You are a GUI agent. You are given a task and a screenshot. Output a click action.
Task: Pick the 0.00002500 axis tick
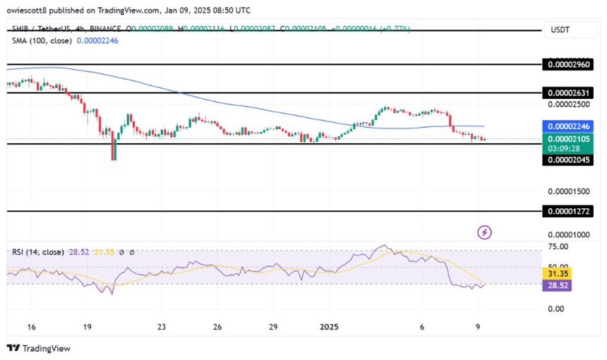567,104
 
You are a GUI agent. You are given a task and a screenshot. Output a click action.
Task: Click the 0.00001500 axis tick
567,191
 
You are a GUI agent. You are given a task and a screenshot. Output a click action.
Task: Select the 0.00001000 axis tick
567,234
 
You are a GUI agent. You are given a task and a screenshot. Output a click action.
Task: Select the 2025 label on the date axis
330,328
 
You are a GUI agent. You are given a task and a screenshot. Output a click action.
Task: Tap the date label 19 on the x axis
87,328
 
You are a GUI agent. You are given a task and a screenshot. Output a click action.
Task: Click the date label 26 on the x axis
217,328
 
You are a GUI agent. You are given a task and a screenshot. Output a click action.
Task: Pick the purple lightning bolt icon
485,232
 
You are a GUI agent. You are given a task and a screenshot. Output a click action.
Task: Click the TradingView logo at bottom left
39,348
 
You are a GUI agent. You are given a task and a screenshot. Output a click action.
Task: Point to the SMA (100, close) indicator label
42,40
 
